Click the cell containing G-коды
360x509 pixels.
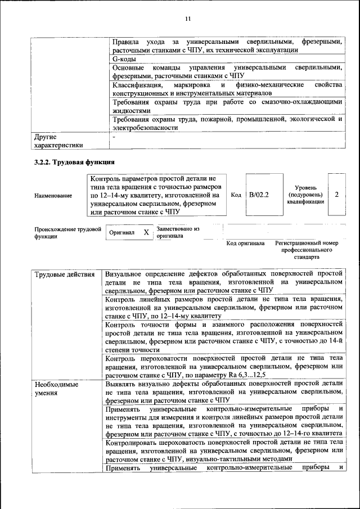[x=124, y=58]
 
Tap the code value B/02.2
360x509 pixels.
[x=259, y=195]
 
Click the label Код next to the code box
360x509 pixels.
[x=236, y=195]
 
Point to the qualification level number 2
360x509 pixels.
[x=336, y=194]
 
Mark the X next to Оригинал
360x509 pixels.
[x=146, y=232]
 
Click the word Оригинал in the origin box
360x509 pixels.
[x=121, y=233]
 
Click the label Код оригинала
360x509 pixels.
[x=245, y=244]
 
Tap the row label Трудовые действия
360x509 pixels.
[x=65, y=274]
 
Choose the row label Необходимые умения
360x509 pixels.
[x=56, y=388]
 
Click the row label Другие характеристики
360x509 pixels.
[x=58, y=141]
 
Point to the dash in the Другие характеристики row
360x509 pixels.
[x=114, y=137]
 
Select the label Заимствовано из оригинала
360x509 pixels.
[x=178, y=233]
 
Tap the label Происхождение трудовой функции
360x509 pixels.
[x=67, y=233]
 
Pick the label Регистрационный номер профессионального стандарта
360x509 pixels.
[x=307, y=250]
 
